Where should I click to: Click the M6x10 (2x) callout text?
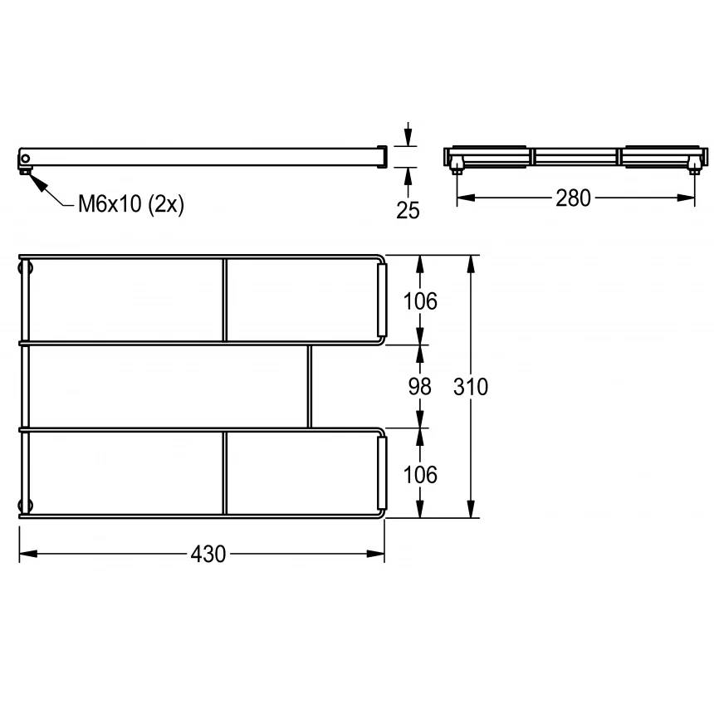131,203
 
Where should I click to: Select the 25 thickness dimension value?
408,210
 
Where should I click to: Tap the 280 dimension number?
573,198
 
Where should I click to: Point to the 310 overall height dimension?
471,387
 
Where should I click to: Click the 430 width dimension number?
208,554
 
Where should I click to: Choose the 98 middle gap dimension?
419,387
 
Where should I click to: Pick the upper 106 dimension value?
420,301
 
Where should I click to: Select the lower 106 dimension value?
420,475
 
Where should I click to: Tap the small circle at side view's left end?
26,159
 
